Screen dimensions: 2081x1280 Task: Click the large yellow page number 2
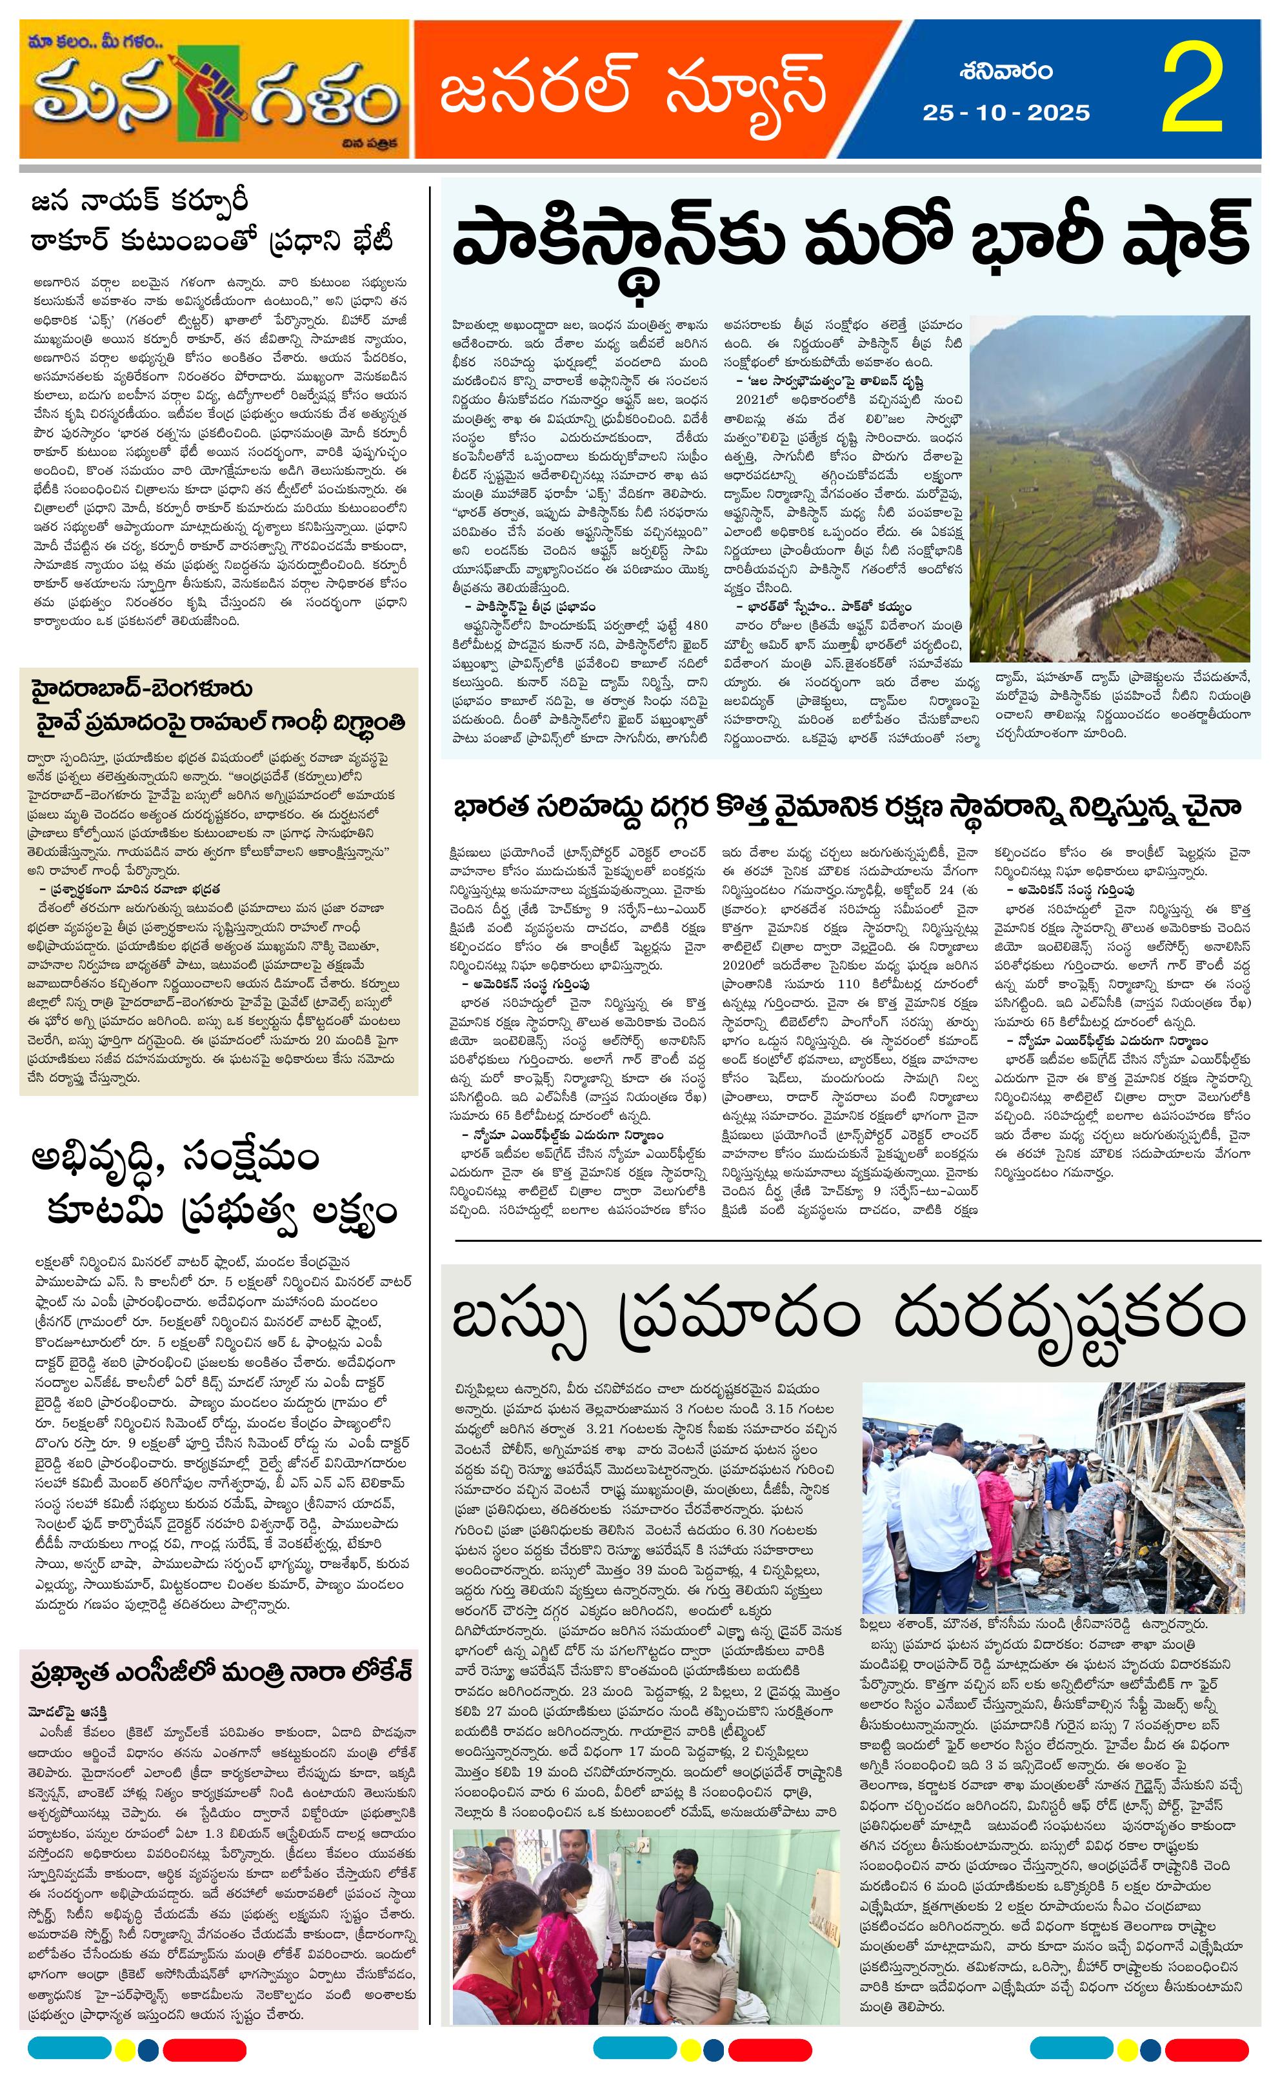click(1194, 90)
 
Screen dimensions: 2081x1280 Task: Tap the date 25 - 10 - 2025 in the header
click(1006, 112)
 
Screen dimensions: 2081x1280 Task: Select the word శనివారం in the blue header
click(1006, 71)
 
